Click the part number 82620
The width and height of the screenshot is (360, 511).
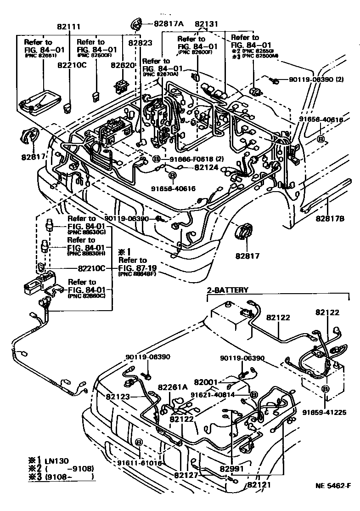[x=123, y=66]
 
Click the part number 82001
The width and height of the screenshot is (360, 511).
[x=206, y=382]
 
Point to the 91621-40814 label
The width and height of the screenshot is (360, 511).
[x=219, y=394]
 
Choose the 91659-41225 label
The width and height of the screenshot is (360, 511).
[x=323, y=412]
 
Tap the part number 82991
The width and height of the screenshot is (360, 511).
[x=232, y=469]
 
